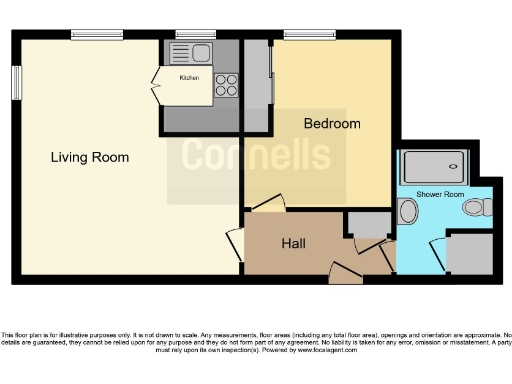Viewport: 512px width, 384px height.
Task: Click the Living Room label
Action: (91, 157)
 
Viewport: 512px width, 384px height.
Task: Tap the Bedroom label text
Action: (332, 124)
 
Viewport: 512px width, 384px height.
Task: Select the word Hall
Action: (293, 243)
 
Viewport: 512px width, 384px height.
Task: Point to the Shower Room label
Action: (440, 193)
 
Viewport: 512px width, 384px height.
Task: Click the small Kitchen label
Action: (189, 78)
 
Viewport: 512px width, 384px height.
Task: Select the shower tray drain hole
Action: (434, 167)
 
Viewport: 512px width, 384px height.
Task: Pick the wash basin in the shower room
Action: (407, 211)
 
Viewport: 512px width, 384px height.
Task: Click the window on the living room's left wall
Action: (16, 83)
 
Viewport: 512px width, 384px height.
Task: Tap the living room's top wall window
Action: (97, 35)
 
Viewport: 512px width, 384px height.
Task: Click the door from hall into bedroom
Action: (266, 204)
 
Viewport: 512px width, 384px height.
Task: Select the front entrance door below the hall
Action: (345, 271)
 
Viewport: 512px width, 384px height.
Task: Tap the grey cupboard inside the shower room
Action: (468, 253)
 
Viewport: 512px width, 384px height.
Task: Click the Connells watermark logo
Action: (256, 156)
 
